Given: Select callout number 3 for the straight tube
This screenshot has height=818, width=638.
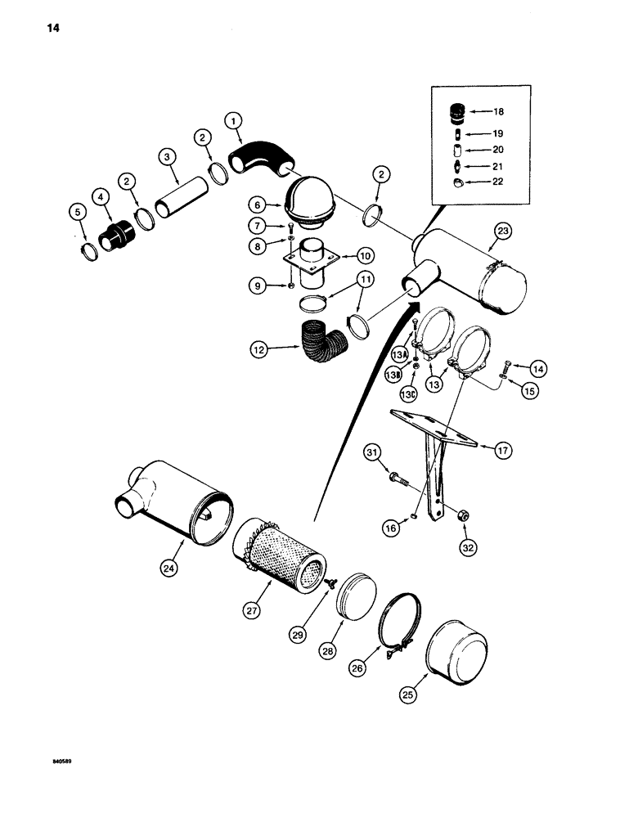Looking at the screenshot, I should (x=166, y=156).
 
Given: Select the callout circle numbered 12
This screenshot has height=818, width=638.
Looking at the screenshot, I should (x=260, y=349).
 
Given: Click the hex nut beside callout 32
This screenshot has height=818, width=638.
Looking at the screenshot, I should (x=461, y=515).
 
